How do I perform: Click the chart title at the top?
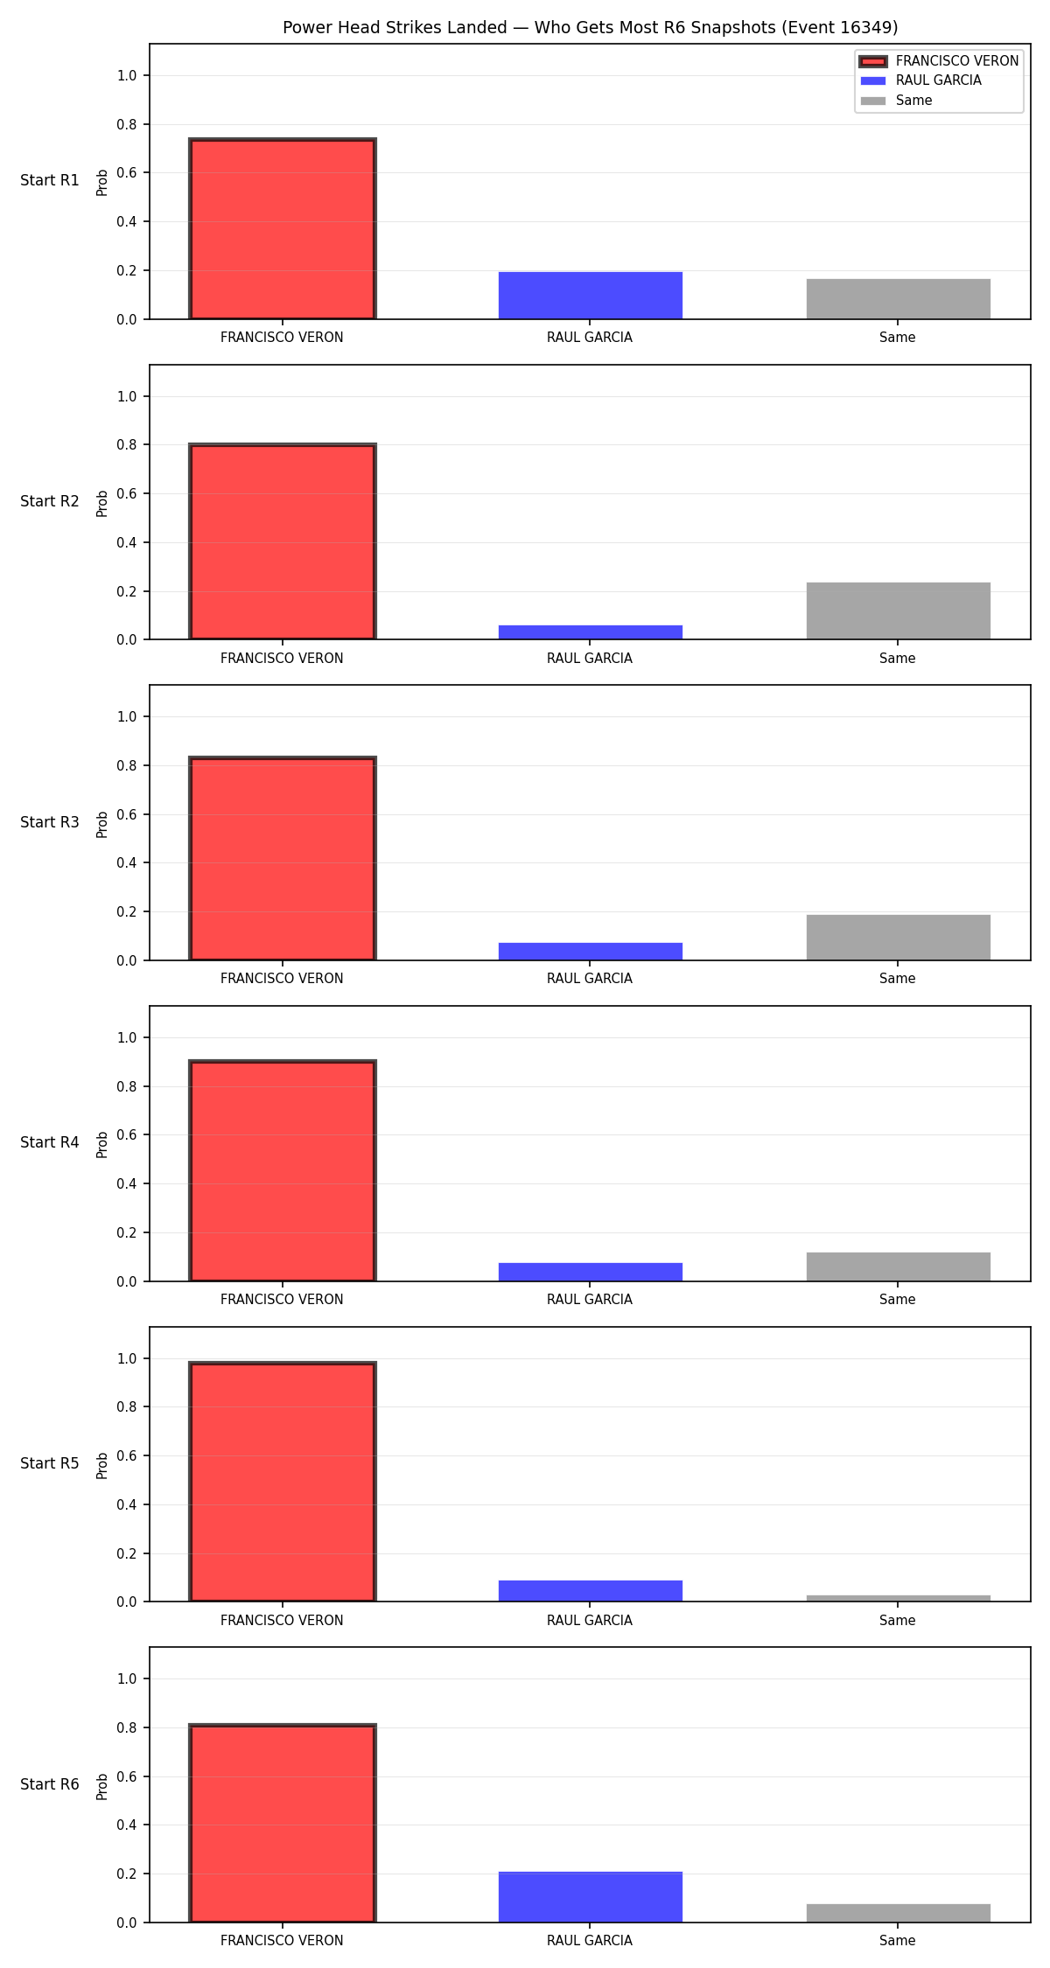590,27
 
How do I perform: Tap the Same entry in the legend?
896,101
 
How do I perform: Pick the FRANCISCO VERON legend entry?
939,61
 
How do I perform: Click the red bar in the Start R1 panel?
283,229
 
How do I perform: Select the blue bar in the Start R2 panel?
591,632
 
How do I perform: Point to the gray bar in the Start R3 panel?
899,938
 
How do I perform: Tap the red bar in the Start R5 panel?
283,1482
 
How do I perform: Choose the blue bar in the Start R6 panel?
591,1897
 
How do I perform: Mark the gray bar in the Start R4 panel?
899,1267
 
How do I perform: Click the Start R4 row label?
50,1142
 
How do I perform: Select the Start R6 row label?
50,1784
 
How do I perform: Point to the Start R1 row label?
50,180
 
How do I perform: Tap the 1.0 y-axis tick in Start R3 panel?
127,717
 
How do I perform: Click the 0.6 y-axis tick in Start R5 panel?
127,1456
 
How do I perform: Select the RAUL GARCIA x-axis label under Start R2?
590,659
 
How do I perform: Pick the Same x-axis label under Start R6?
898,1941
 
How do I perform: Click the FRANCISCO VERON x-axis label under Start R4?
282,1300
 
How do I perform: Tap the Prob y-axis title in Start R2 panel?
102,503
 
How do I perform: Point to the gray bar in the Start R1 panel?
899,299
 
